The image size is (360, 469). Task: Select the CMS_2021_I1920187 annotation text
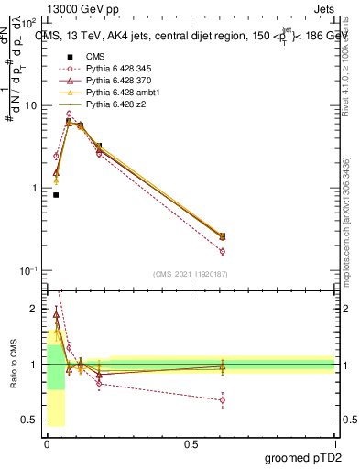point(190,274)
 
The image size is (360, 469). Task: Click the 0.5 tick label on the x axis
point(191,443)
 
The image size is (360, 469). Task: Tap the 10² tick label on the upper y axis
point(30,22)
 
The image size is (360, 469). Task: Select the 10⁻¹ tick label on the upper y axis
point(30,271)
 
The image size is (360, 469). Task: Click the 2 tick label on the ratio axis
point(36,310)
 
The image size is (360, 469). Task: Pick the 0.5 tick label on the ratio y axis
point(30,420)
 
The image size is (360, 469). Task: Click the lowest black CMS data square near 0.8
point(56,195)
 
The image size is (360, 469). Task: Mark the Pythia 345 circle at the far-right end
point(222,251)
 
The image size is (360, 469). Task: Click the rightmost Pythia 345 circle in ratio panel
point(222,399)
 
